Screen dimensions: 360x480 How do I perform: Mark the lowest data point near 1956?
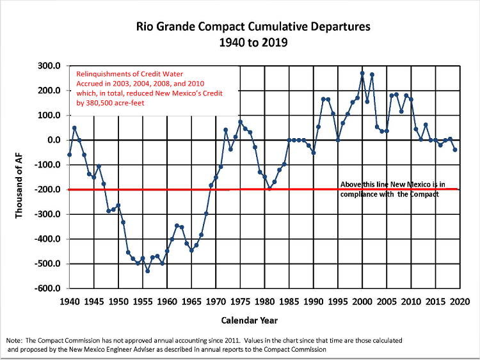click(148, 271)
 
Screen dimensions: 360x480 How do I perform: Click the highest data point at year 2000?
click(362, 73)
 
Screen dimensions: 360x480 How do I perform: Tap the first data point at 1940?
click(69, 154)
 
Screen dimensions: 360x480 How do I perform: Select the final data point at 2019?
click(455, 150)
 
